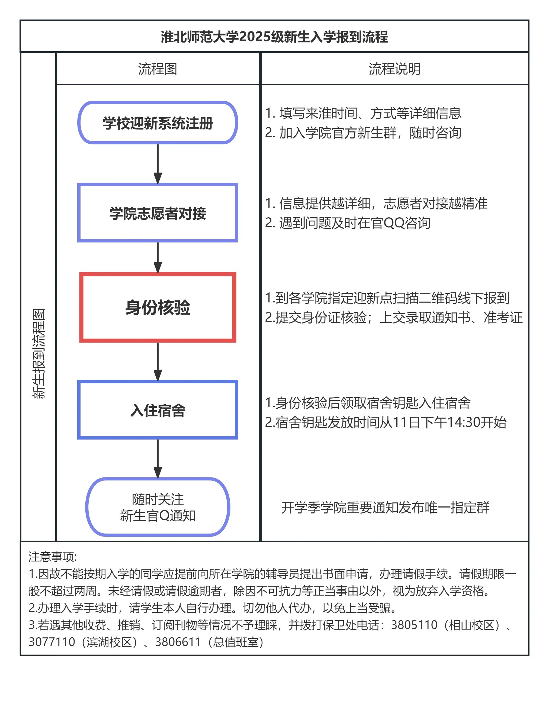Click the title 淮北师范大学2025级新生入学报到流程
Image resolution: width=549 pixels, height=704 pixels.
pos(274,37)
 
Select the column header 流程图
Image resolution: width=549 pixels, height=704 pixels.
pos(158,69)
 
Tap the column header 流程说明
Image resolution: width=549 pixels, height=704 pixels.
pos(394,69)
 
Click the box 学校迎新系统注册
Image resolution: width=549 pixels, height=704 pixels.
pos(158,123)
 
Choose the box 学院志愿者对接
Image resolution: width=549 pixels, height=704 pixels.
pos(158,213)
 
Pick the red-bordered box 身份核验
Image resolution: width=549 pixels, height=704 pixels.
pos(158,307)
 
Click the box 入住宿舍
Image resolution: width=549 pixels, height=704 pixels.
pos(158,410)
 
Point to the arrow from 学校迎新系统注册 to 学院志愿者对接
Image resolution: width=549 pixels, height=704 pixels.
pos(158,164)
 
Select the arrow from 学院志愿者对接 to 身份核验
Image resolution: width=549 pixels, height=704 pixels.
pos(158,257)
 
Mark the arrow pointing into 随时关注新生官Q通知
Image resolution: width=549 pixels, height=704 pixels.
pos(158,458)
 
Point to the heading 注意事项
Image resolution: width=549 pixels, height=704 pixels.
pos(52,557)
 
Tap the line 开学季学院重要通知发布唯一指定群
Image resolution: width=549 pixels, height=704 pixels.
pos(385,507)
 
